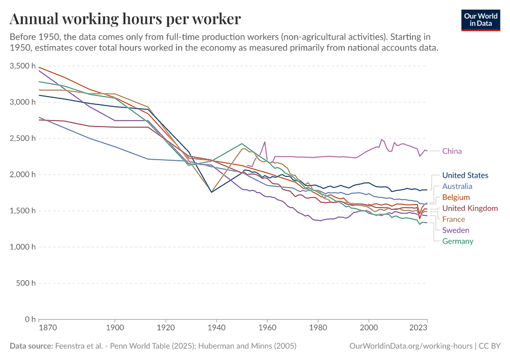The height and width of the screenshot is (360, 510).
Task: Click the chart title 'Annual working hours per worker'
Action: (125, 19)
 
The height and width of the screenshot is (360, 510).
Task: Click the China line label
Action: (452, 151)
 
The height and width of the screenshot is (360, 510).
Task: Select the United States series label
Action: (465, 175)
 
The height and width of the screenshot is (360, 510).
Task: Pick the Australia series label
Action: (457, 187)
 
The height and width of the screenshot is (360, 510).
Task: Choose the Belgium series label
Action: (456, 197)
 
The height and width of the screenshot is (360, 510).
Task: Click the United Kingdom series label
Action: (470, 208)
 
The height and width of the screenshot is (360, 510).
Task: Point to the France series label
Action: (454, 220)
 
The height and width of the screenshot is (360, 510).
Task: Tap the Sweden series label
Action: (455, 230)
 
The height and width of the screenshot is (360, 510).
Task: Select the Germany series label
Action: (458, 241)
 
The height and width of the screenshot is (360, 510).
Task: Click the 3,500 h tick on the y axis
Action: (23, 66)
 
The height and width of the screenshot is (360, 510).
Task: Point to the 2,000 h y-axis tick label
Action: (23, 175)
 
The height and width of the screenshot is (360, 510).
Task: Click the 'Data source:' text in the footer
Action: (31, 346)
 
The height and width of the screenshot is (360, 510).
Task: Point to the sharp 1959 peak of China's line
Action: (265, 142)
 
